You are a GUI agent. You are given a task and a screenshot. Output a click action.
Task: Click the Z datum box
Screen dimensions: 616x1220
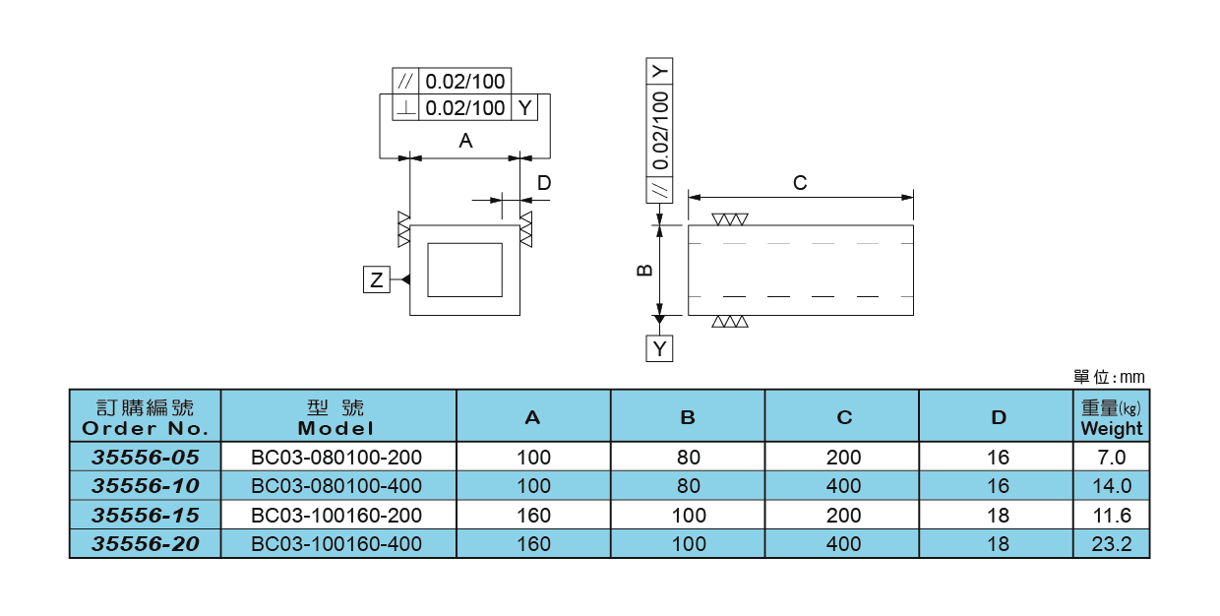point(376,279)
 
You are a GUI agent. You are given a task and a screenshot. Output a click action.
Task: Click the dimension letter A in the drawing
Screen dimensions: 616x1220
point(465,141)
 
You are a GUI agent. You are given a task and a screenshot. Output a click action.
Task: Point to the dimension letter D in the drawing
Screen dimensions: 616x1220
point(543,183)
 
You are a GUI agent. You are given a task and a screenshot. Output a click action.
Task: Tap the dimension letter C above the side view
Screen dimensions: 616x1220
point(800,183)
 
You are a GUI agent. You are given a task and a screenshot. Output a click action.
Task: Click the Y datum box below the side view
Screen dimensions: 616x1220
point(659,348)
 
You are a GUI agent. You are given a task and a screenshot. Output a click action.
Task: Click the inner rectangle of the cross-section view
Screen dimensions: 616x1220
point(464,270)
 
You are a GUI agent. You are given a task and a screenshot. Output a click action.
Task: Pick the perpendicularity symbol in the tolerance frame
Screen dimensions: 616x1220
point(405,108)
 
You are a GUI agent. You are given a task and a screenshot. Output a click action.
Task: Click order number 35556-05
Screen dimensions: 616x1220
point(145,457)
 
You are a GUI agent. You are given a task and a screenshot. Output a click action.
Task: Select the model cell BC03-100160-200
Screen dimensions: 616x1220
point(336,515)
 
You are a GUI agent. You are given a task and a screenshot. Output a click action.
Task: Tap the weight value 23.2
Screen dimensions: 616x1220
point(1112,543)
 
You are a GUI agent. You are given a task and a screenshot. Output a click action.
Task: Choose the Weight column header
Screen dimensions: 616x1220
point(1112,417)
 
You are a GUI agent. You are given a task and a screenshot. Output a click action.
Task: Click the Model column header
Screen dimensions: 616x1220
point(336,417)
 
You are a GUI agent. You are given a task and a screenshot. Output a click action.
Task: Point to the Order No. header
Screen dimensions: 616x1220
point(145,417)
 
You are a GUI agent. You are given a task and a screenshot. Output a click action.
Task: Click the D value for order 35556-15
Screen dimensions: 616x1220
point(998,515)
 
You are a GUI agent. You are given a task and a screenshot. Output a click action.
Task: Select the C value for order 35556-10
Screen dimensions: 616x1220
point(843,486)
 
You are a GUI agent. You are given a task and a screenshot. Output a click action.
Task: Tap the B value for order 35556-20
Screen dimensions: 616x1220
point(689,543)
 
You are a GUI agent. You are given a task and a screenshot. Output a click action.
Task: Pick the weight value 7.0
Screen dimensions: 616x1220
point(1112,457)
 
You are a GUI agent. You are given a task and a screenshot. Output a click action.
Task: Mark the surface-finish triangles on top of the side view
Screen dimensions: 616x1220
point(730,219)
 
